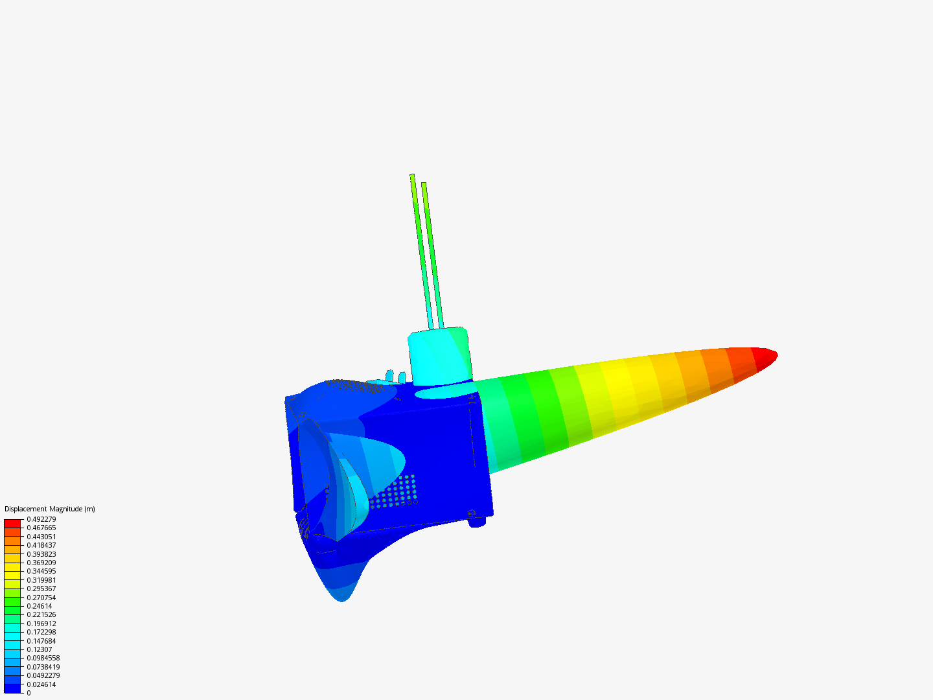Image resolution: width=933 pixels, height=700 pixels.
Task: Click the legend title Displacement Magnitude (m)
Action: (x=50, y=509)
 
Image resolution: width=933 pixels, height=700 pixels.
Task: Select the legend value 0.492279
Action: (x=41, y=519)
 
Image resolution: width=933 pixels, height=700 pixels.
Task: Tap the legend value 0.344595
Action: (x=41, y=571)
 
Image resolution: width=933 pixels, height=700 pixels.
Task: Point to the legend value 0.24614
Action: (x=40, y=606)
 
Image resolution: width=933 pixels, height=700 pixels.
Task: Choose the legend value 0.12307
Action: (x=40, y=649)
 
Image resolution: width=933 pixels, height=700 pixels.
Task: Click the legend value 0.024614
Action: (x=41, y=684)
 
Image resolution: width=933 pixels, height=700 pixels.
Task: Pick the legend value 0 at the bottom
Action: (x=29, y=693)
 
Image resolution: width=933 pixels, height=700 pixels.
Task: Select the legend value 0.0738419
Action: (x=43, y=667)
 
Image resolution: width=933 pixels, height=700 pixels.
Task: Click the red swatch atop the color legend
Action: (x=12, y=523)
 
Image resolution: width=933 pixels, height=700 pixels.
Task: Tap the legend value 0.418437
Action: (x=41, y=545)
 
